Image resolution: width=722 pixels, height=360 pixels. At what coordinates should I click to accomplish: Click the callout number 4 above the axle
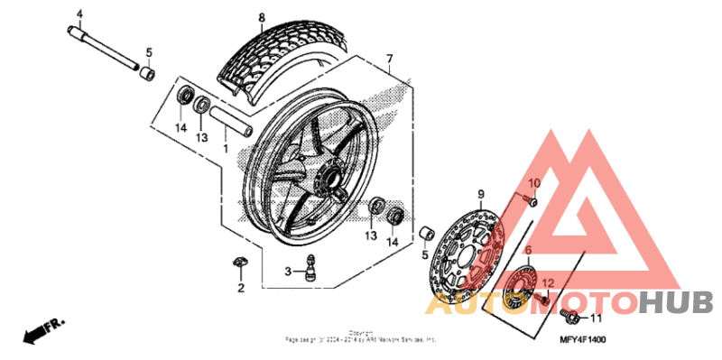[x=79, y=14]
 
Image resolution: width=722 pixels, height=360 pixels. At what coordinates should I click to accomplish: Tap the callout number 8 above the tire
[x=262, y=18]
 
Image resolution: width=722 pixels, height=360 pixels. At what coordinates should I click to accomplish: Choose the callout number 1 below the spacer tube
[x=226, y=146]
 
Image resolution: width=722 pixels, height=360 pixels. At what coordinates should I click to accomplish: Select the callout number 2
[x=241, y=289]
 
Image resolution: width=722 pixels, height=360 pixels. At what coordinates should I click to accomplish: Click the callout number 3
[x=288, y=271]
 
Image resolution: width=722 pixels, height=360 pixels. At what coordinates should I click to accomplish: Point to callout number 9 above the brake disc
[x=481, y=195]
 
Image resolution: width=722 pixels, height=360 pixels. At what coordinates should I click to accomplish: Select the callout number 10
[x=533, y=184]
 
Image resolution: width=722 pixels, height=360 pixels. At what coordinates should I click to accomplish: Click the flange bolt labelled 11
[x=569, y=316]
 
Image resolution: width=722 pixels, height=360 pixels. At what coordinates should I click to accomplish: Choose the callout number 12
[x=547, y=283]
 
